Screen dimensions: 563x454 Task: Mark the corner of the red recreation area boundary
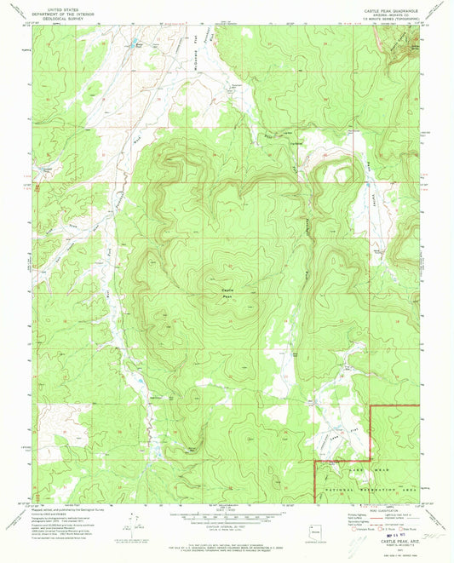[314, 462]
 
